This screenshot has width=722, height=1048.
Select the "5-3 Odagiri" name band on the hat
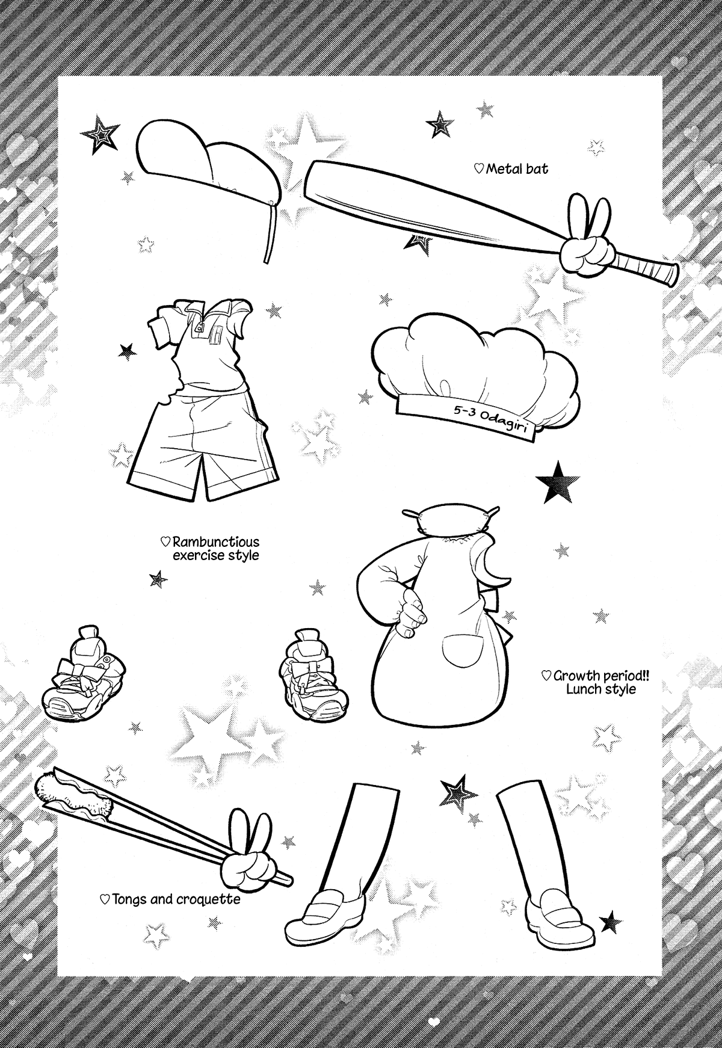click(x=463, y=415)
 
